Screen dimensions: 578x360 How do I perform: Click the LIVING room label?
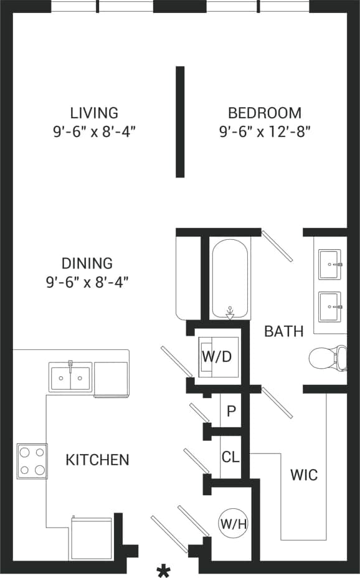pyautogui.click(x=94, y=113)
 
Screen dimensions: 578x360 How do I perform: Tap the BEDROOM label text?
pyautogui.click(x=265, y=113)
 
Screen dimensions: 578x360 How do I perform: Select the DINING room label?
pyautogui.click(x=87, y=263)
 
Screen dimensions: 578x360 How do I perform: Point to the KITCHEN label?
pyautogui.click(x=98, y=460)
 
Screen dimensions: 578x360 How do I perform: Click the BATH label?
pyautogui.click(x=284, y=331)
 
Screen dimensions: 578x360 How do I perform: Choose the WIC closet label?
pyautogui.click(x=304, y=475)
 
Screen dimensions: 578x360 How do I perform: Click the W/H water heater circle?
pyautogui.click(x=233, y=524)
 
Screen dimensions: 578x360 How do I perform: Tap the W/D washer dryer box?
pyautogui.click(x=216, y=358)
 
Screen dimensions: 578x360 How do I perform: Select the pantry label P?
pyautogui.click(x=231, y=412)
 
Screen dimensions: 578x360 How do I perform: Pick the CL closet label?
pyautogui.click(x=230, y=457)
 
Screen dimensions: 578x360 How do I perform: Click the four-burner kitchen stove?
pyautogui.click(x=32, y=461)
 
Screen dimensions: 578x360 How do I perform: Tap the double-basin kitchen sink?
pyautogui.click(x=70, y=377)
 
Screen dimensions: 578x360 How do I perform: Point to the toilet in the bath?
pyautogui.click(x=327, y=358)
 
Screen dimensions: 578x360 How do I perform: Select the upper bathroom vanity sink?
pyautogui.click(x=329, y=264)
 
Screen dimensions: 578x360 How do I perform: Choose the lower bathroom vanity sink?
pyautogui.click(x=329, y=306)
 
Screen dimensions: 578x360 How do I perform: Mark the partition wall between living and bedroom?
pyautogui.click(x=180, y=121)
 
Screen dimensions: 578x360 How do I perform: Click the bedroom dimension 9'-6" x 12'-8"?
pyautogui.click(x=265, y=132)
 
